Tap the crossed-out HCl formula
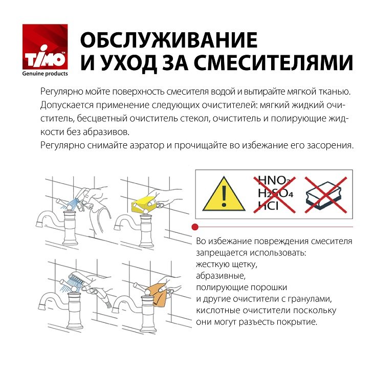[x=269, y=206]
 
